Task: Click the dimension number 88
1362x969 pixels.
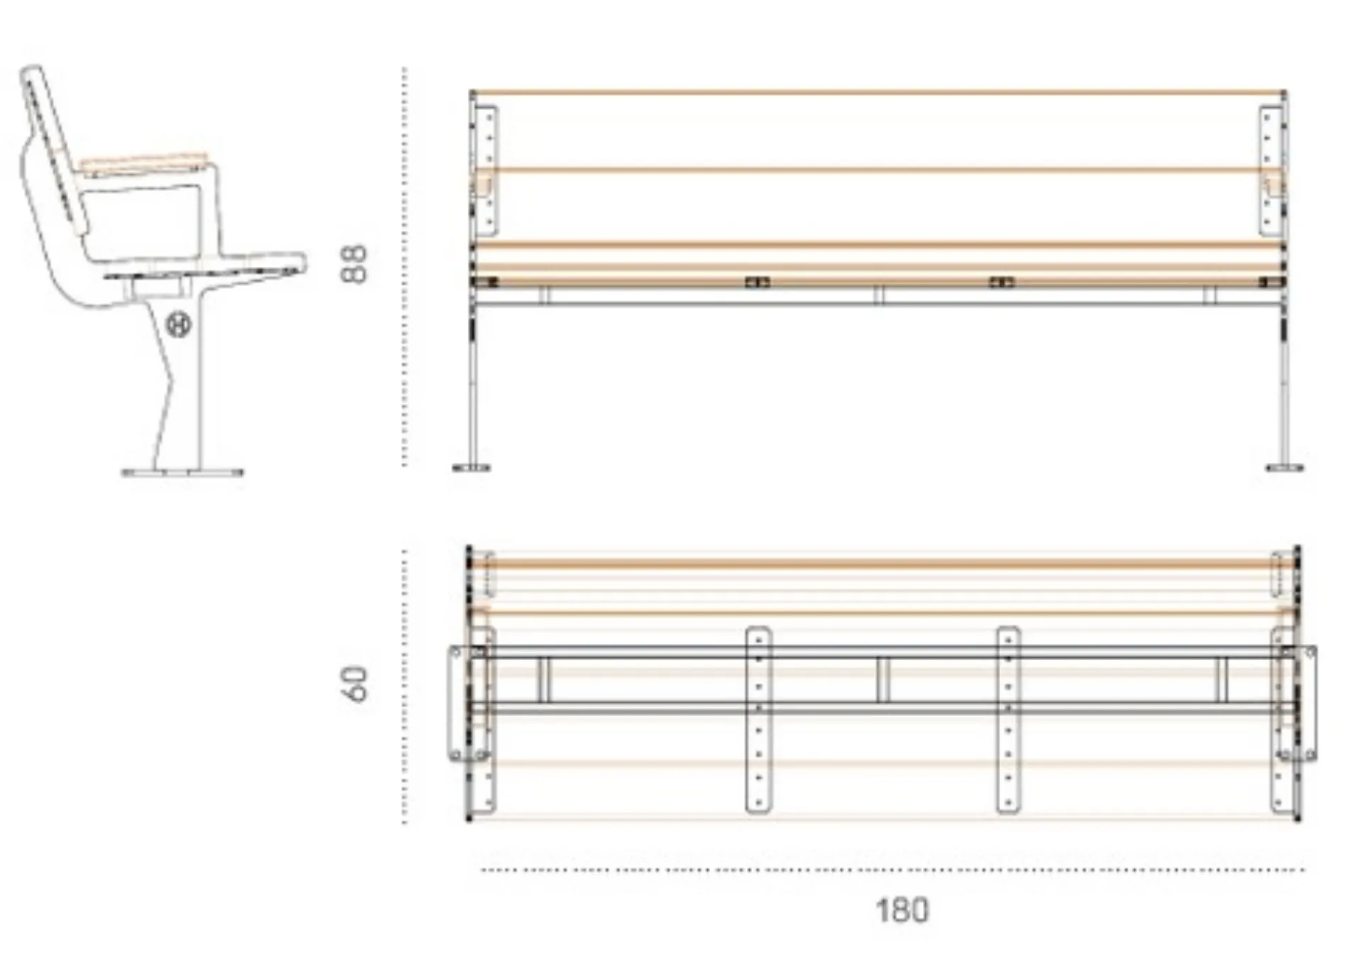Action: coord(355,264)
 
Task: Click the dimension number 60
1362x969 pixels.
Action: coord(355,684)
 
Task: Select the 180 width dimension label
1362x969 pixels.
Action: coord(902,911)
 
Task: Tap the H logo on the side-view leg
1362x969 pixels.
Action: coord(179,325)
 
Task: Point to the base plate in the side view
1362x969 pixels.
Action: coord(182,472)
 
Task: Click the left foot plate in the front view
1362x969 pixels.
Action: coord(471,467)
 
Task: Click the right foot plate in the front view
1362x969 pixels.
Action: coord(1285,467)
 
